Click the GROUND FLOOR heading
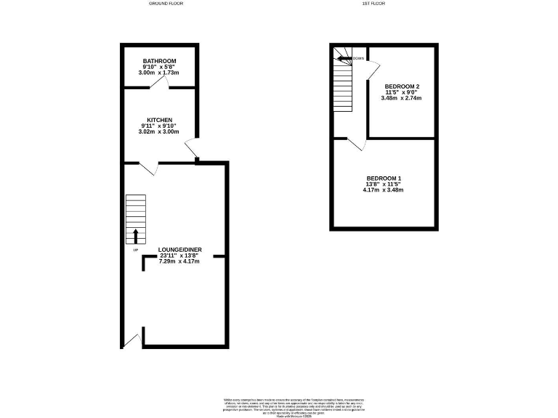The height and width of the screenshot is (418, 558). coord(166,4)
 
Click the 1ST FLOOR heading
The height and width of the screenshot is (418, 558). coord(373,4)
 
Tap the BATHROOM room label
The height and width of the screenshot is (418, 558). coord(159,61)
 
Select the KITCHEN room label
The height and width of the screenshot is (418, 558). coord(159,120)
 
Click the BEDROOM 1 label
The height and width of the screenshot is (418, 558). coord(383,179)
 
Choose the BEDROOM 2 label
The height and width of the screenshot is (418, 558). coord(402,86)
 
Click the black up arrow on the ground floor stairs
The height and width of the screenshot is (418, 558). coord(135,235)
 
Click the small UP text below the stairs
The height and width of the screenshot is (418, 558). coord(135,250)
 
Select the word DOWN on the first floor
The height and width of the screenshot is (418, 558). coord(358,58)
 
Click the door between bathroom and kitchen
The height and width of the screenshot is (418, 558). coord(165,83)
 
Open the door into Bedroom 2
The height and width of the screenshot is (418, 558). coord(372,67)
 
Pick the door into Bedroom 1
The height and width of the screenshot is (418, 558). coord(355,144)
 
